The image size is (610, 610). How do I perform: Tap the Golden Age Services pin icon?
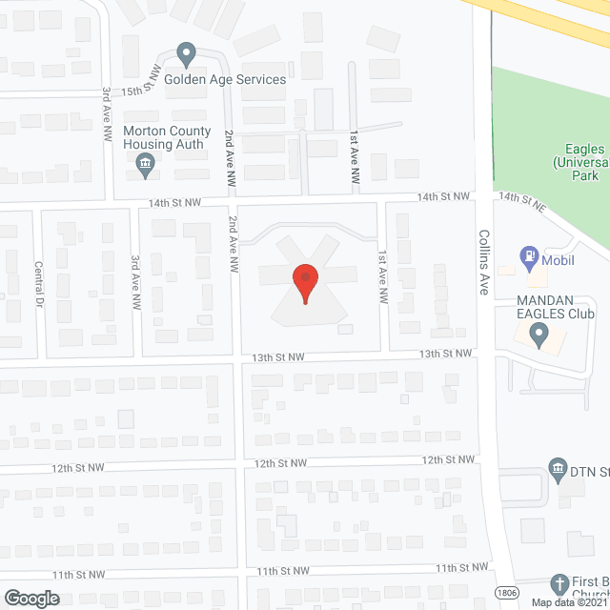pyautogui.click(x=187, y=54)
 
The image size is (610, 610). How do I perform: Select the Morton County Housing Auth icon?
pyautogui.click(x=145, y=163)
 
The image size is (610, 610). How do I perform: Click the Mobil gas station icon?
pyautogui.click(x=527, y=255)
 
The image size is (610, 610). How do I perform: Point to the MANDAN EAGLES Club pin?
pyautogui.click(x=539, y=335)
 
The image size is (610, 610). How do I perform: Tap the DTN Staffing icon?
pyautogui.click(x=559, y=467)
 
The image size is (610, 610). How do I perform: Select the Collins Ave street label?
pyautogui.click(x=484, y=261)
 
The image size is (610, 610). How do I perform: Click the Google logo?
pyautogui.click(x=30, y=598)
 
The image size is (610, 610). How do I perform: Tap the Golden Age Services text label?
pyautogui.click(x=225, y=79)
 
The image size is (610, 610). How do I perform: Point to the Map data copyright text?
pyautogui.click(x=568, y=602)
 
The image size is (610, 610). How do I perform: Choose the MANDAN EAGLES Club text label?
pyautogui.click(x=556, y=306)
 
